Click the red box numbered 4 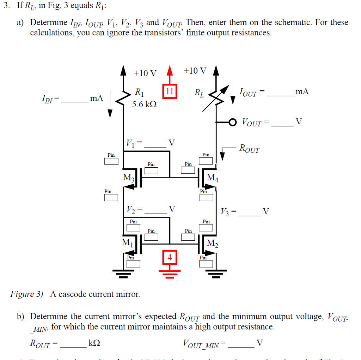170,257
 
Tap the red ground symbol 170,273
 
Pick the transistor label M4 213,178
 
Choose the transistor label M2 213,243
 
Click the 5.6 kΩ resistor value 144,105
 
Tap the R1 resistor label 140,93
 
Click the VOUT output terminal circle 232,122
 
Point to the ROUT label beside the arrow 249,148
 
